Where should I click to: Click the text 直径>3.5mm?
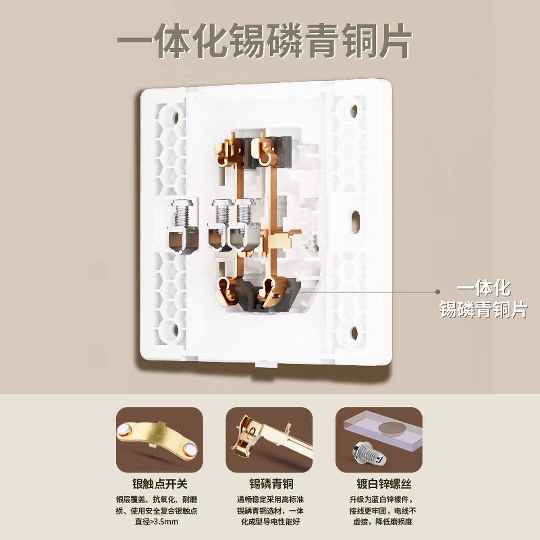coord(157,522)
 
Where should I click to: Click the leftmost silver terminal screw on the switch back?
coord(183,226)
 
